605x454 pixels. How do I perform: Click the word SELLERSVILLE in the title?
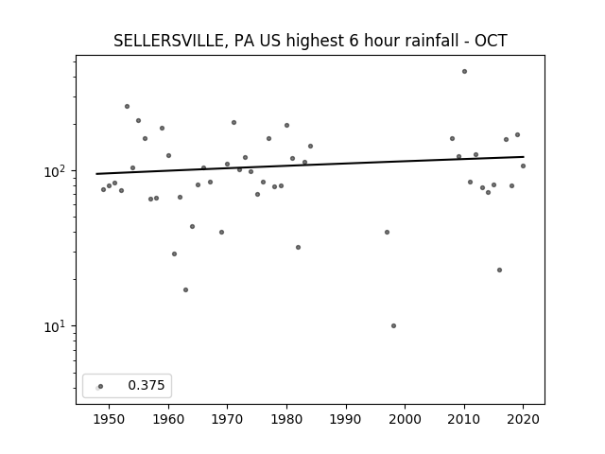168,41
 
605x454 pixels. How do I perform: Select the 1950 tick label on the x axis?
110,419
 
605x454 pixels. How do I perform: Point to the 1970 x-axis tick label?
227,419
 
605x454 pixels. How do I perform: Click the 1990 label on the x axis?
346,419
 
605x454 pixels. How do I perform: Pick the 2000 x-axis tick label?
405,419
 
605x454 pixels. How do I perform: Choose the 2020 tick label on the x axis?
523,419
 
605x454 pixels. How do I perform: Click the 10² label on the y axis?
55,170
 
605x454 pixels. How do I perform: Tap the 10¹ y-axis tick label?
55,326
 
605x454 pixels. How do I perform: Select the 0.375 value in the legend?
147,385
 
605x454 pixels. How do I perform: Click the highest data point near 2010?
464,72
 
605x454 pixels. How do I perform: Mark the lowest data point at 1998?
393,325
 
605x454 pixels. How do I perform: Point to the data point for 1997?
387,232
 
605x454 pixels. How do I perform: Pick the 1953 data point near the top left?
127,106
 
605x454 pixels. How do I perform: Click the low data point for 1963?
185,290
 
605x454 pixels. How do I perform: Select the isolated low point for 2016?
500,271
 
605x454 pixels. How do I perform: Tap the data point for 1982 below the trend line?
299,248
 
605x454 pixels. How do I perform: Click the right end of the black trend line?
524,157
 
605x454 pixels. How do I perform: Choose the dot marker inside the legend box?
101,387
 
